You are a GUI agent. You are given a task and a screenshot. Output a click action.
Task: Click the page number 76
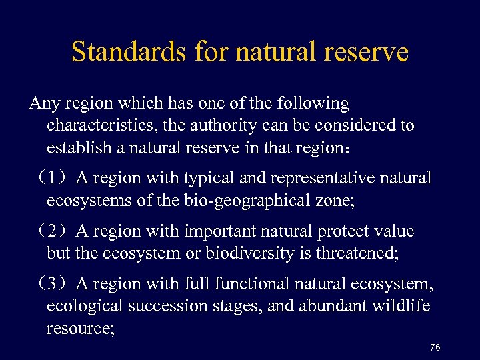point(435,347)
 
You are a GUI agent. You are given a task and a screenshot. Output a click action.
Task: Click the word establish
point(73,147)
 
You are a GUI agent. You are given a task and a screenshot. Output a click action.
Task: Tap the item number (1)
point(53,179)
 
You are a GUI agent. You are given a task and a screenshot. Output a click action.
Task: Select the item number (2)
point(53,232)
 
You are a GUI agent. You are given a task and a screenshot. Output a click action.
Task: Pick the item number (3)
point(53,285)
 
